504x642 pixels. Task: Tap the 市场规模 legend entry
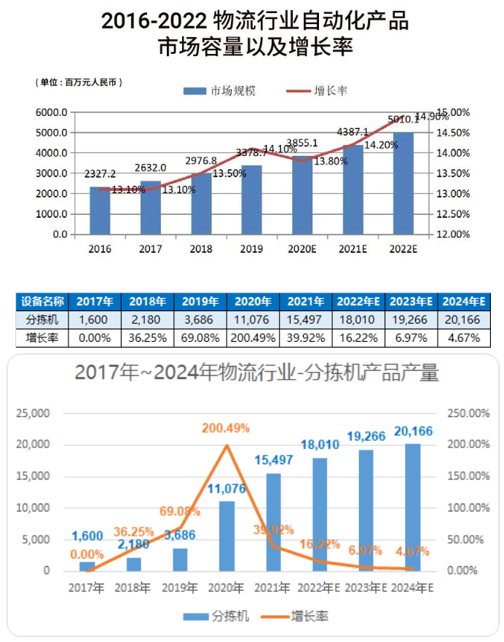click(x=219, y=91)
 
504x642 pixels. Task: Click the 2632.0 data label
click(x=150, y=168)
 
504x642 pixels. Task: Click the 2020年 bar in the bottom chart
click(x=227, y=536)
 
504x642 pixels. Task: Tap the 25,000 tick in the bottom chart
click(x=34, y=413)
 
